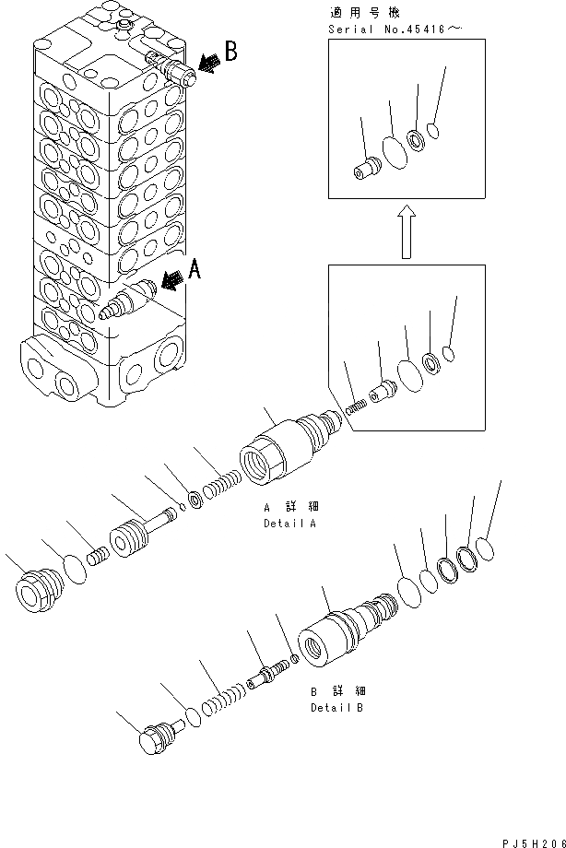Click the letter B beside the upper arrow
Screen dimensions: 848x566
click(230, 52)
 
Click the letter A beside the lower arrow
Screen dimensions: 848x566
click(195, 270)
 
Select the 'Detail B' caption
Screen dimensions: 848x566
click(336, 708)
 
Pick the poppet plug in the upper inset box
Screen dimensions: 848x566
click(368, 170)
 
